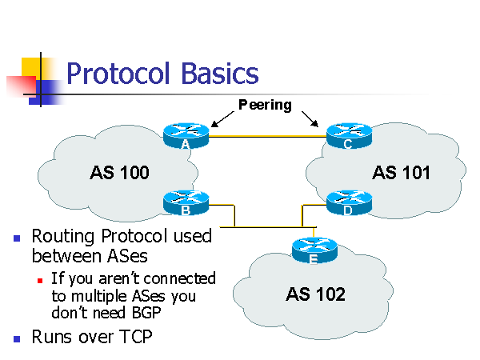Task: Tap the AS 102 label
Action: tap(315, 294)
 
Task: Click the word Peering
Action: tap(265, 105)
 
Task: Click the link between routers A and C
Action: tap(266, 137)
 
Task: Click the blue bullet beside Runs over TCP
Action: tap(18, 338)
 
